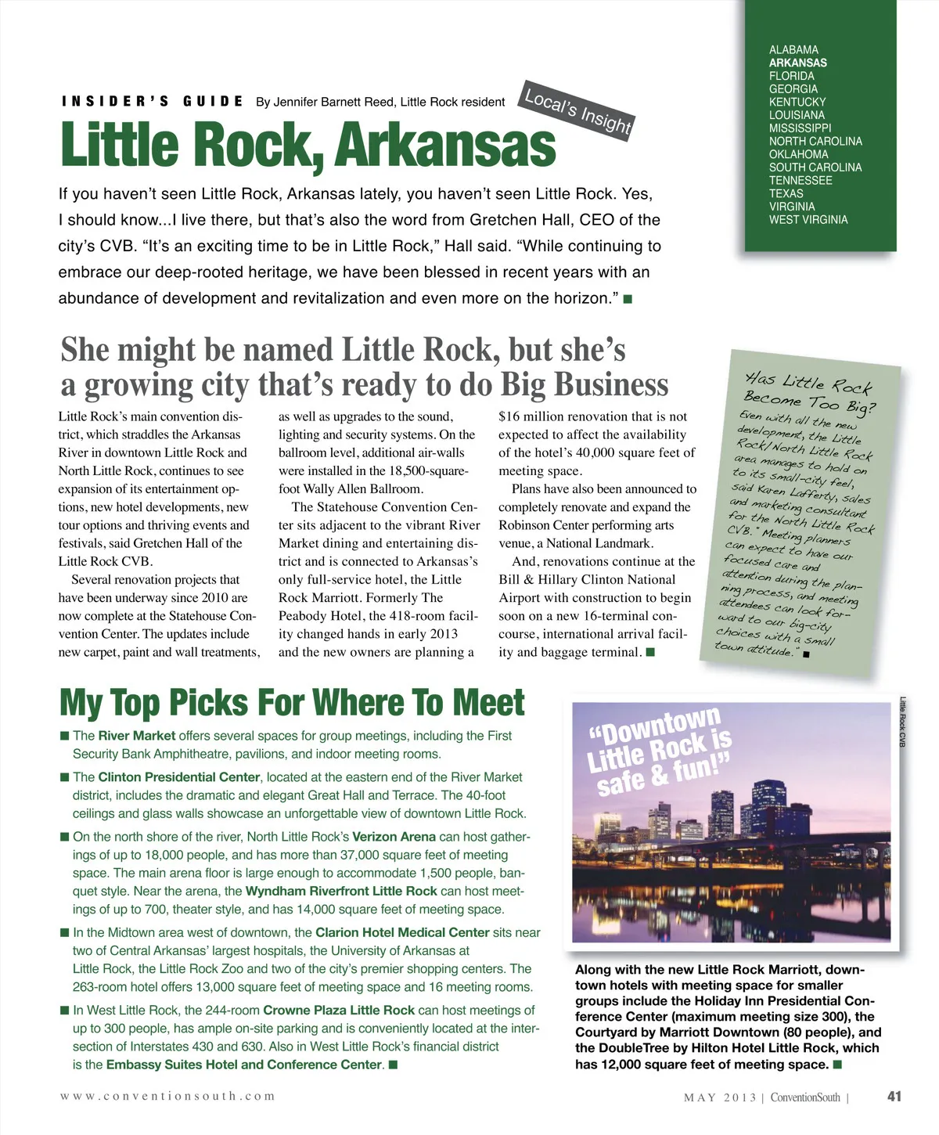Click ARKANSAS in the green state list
(797, 63)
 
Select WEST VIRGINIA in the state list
(808, 220)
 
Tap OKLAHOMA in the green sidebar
(798, 154)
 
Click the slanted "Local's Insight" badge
(577, 110)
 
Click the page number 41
(894, 1096)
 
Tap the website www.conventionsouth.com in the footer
(167, 1096)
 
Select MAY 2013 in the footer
(720, 1097)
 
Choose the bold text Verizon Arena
(394, 837)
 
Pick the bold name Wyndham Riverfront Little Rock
(341, 891)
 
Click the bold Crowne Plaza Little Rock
(339, 1011)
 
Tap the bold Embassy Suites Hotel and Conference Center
(244, 1065)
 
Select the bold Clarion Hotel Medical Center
(402, 932)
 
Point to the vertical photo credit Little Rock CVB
(902, 722)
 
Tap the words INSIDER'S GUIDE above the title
(153, 101)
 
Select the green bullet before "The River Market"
(65, 736)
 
